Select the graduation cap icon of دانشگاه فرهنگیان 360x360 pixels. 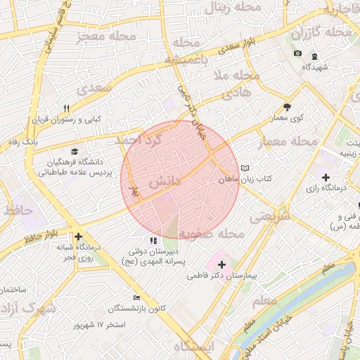pyautogui.click(x=75, y=151)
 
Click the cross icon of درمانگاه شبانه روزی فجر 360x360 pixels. pyautogui.click(x=78, y=238)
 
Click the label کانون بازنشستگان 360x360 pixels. pyautogui.click(x=138, y=309)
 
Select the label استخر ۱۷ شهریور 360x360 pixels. pyautogui.click(x=103, y=326)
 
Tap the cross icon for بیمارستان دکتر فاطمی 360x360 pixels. pyautogui.click(x=222, y=265)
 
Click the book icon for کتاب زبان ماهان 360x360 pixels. pyautogui.click(x=244, y=169)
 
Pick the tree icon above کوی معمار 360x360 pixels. pyautogui.click(x=287, y=107)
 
